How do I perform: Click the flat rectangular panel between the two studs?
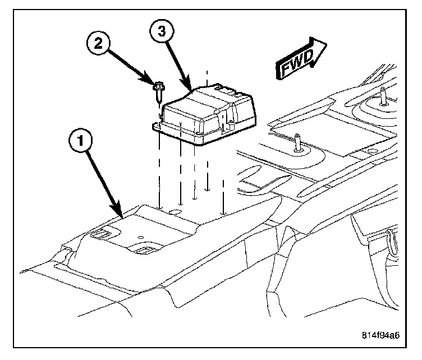314,130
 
